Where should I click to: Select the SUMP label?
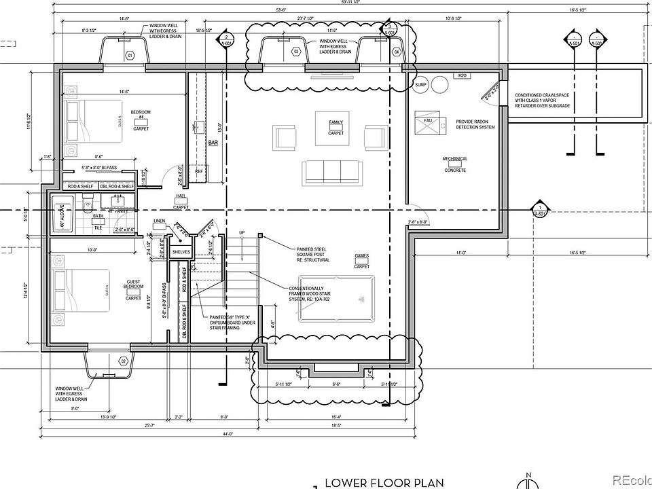coord(420,84)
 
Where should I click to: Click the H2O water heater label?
coord(463,75)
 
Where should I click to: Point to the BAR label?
coord(213,143)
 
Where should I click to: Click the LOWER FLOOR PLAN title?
coord(384,483)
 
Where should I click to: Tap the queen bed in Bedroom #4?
coord(94,122)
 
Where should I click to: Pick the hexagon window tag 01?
coord(130,55)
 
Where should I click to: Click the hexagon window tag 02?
coord(123,361)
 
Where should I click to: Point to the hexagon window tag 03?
coord(296,52)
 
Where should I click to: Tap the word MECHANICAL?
coord(455,159)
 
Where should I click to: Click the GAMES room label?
coord(361,256)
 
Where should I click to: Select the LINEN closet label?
coord(160,221)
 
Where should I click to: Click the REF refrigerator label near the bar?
coord(199,171)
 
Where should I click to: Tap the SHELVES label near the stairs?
coord(181,252)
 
